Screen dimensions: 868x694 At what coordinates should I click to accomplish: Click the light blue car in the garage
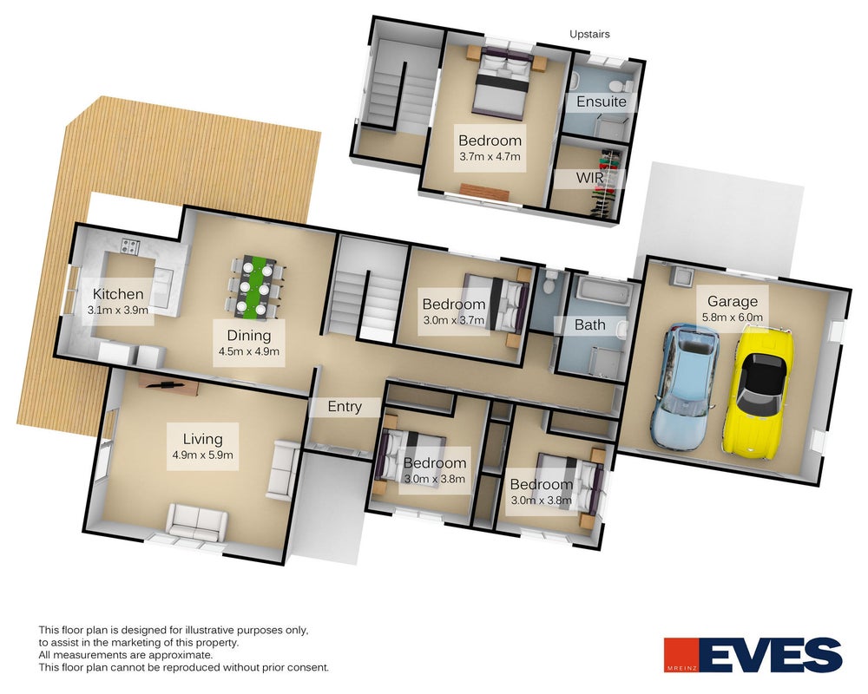686,387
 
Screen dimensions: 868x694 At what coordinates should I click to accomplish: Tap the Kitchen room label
118,294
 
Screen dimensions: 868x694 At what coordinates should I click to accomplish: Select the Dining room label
248,336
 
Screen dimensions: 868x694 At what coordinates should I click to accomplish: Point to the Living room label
202,439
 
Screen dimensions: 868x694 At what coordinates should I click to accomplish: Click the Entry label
345,407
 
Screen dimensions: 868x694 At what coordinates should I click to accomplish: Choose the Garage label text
733,302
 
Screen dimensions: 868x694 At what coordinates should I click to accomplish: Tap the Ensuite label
602,101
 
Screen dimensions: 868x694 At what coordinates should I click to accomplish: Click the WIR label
589,178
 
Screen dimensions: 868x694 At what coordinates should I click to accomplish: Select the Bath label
589,324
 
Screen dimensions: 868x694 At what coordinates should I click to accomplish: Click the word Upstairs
589,35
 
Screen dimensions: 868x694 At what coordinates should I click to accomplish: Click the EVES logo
753,655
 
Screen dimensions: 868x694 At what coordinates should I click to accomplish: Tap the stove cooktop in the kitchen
130,246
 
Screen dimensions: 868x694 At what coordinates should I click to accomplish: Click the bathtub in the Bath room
603,291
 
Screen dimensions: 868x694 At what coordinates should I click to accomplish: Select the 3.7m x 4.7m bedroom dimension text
490,157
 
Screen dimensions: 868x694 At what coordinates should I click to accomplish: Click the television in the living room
168,383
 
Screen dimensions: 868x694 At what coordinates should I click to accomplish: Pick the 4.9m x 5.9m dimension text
202,455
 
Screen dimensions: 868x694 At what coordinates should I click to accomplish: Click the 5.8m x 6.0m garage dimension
733,318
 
